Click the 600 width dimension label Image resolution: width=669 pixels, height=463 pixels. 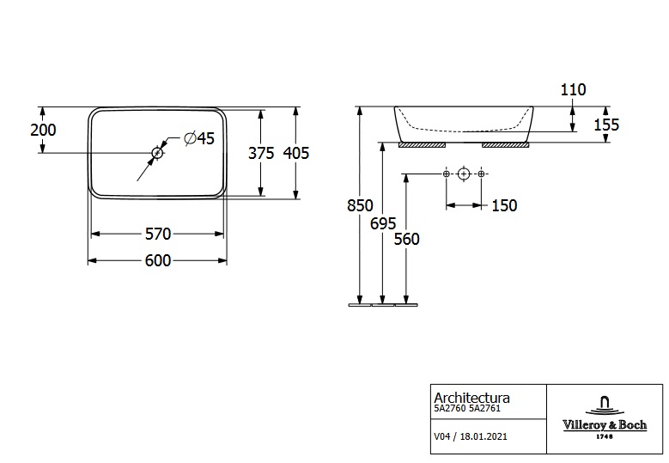pyautogui.click(x=158, y=261)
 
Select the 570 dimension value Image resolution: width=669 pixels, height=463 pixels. pyautogui.click(x=158, y=234)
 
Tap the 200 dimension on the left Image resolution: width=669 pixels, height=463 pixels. pyautogui.click(x=42, y=130)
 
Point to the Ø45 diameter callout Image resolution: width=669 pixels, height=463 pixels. pyautogui.click(x=199, y=138)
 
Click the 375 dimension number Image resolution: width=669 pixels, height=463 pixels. pyautogui.click(x=260, y=153)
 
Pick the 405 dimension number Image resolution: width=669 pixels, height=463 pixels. pyautogui.click(x=295, y=153)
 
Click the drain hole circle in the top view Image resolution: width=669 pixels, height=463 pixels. pyautogui.click(x=157, y=153)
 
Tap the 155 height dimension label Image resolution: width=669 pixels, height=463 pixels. pyautogui.click(x=605, y=125)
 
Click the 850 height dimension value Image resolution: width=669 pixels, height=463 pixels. pyautogui.click(x=361, y=205)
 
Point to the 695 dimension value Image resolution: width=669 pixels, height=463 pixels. pyautogui.click(x=382, y=222)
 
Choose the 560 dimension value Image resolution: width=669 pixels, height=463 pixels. pyautogui.click(x=406, y=239)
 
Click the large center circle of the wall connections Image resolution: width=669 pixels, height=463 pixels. pyautogui.click(x=464, y=174)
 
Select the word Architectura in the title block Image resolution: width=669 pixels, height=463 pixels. pyautogui.click(x=471, y=398)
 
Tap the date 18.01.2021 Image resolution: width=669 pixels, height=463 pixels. pyautogui.click(x=484, y=436)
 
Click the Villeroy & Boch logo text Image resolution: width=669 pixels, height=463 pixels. pyautogui.click(x=604, y=424)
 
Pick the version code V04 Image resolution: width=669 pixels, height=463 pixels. pyautogui.click(x=442, y=436)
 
